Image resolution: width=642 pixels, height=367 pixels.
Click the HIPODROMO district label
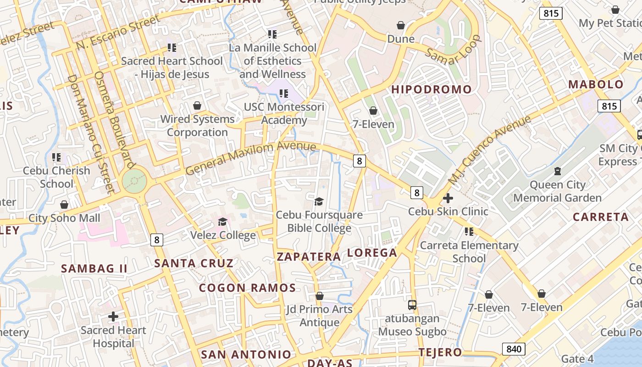coord(431,89)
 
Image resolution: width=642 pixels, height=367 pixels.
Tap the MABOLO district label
coord(596,84)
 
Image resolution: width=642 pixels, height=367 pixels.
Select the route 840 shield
coord(514,349)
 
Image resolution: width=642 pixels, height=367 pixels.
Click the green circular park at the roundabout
coord(134,182)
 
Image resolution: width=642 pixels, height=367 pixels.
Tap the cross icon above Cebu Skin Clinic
coord(448,199)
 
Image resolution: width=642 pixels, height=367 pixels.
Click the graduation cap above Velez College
coord(222,222)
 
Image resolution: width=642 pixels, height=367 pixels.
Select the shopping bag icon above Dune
coord(401,25)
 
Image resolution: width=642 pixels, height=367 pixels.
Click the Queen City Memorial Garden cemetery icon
coord(557,172)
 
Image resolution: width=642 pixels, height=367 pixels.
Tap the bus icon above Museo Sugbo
coord(412,305)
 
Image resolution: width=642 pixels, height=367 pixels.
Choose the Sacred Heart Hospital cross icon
coord(113,317)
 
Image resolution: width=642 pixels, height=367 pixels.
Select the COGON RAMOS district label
coord(247,288)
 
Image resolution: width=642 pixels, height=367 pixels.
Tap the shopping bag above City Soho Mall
coord(64,205)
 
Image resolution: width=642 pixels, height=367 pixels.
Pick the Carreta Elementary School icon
coord(469,232)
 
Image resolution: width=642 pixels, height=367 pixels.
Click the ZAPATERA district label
coord(309,257)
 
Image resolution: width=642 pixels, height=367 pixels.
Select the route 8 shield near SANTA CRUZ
coord(157,239)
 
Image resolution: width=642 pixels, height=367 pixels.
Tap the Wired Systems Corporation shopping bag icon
coord(197,106)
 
